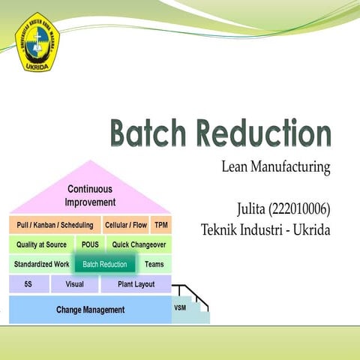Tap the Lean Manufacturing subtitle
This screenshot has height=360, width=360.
276,167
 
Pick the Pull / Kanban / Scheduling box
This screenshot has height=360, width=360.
55,225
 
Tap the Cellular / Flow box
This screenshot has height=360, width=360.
125,225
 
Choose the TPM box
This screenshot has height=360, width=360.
160,225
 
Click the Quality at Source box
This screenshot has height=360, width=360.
41,244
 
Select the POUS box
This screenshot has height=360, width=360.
90,244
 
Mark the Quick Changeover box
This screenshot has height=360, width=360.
139,244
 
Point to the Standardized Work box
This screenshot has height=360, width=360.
41,265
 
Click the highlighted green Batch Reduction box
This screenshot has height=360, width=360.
105,265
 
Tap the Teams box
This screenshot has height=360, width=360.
154,265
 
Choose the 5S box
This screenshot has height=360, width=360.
28,285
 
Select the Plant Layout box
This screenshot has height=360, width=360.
136,285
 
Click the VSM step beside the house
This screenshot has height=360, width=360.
181,307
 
